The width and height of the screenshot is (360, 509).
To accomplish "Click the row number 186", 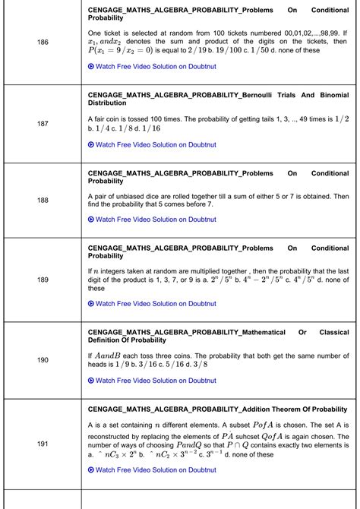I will tap(43, 42).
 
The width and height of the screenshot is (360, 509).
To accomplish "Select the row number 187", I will tap(43, 122).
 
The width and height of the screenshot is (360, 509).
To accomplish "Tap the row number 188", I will tap(43, 201).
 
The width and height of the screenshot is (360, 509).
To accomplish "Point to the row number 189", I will tap(43, 280).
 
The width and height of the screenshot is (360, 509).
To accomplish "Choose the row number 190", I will tap(43, 360).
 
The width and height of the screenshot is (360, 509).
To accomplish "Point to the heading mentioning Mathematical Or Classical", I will tap(219, 337).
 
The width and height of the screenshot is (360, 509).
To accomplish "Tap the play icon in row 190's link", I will tap(91, 381).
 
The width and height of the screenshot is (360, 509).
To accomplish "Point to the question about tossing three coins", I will tap(219, 359).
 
